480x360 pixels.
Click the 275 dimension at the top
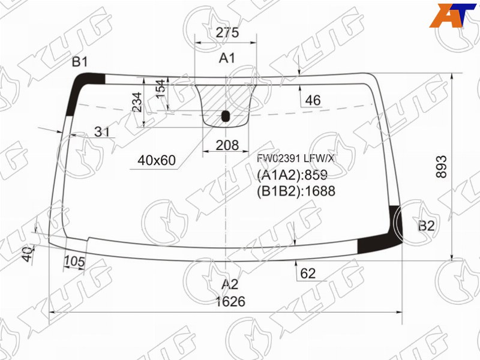point(227,32)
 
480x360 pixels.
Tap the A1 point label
point(227,58)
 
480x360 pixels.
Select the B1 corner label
point(80,62)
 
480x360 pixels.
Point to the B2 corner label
point(427,226)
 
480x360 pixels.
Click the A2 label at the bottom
point(230,284)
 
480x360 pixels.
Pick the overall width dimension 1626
point(230,302)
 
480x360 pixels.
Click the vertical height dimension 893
point(442,167)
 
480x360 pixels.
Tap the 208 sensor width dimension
point(227,145)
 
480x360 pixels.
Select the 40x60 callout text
point(157,160)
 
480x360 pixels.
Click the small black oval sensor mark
point(226,116)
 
